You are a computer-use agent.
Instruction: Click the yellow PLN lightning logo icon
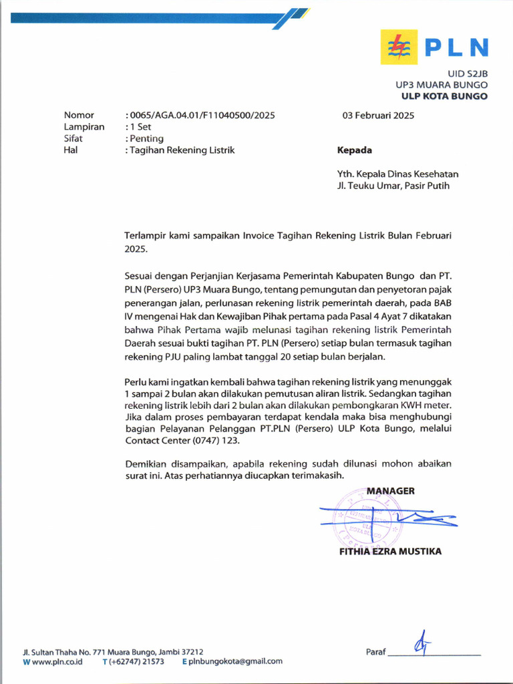[399, 47]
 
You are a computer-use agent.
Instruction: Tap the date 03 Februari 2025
[378, 115]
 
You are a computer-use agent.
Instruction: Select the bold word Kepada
[355, 150]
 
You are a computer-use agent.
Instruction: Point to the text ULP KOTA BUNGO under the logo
[444, 96]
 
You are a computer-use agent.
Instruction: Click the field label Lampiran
[83, 127]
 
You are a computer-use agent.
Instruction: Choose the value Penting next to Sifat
[147, 138]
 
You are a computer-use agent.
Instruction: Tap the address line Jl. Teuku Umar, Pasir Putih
[393, 186]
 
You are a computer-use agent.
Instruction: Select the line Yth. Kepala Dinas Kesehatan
[397, 174]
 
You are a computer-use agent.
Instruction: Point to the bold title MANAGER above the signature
[390, 491]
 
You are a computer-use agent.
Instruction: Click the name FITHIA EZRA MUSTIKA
[390, 552]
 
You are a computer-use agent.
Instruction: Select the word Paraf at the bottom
[376, 652]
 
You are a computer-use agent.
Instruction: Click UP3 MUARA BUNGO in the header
[441, 85]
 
